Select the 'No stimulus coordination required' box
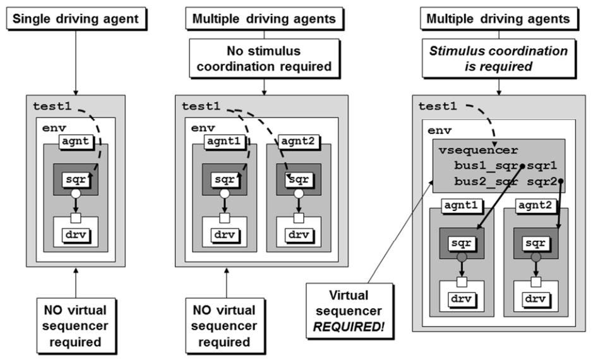point(263,59)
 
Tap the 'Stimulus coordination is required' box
point(498,59)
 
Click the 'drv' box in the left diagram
point(76,234)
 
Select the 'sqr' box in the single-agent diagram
point(76,179)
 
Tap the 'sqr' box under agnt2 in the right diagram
point(535,243)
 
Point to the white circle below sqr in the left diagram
point(76,195)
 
